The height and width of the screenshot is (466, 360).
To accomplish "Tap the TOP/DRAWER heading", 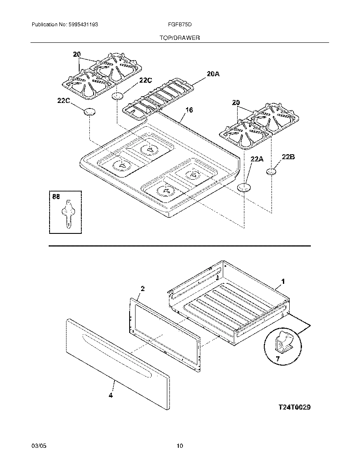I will (x=180, y=38).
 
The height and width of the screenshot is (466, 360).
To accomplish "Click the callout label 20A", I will (x=213, y=74).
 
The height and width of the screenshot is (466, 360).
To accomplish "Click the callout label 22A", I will (x=257, y=159).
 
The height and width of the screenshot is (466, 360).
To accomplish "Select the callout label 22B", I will (x=288, y=157).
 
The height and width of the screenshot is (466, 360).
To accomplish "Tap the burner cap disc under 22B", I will (x=271, y=172).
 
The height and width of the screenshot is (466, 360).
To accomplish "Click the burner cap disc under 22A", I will (x=243, y=187).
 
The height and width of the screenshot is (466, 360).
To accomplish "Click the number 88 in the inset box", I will (x=56, y=197).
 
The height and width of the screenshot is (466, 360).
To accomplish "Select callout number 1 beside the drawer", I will (x=283, y=281).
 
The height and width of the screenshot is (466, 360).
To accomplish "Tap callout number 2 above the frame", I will (x=142, y=288).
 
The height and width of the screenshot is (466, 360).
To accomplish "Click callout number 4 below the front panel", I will (x=111, y=396).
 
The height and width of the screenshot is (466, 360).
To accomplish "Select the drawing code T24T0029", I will (x=294, y=407).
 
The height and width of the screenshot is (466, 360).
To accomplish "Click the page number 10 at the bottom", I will (x=180, y=446).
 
